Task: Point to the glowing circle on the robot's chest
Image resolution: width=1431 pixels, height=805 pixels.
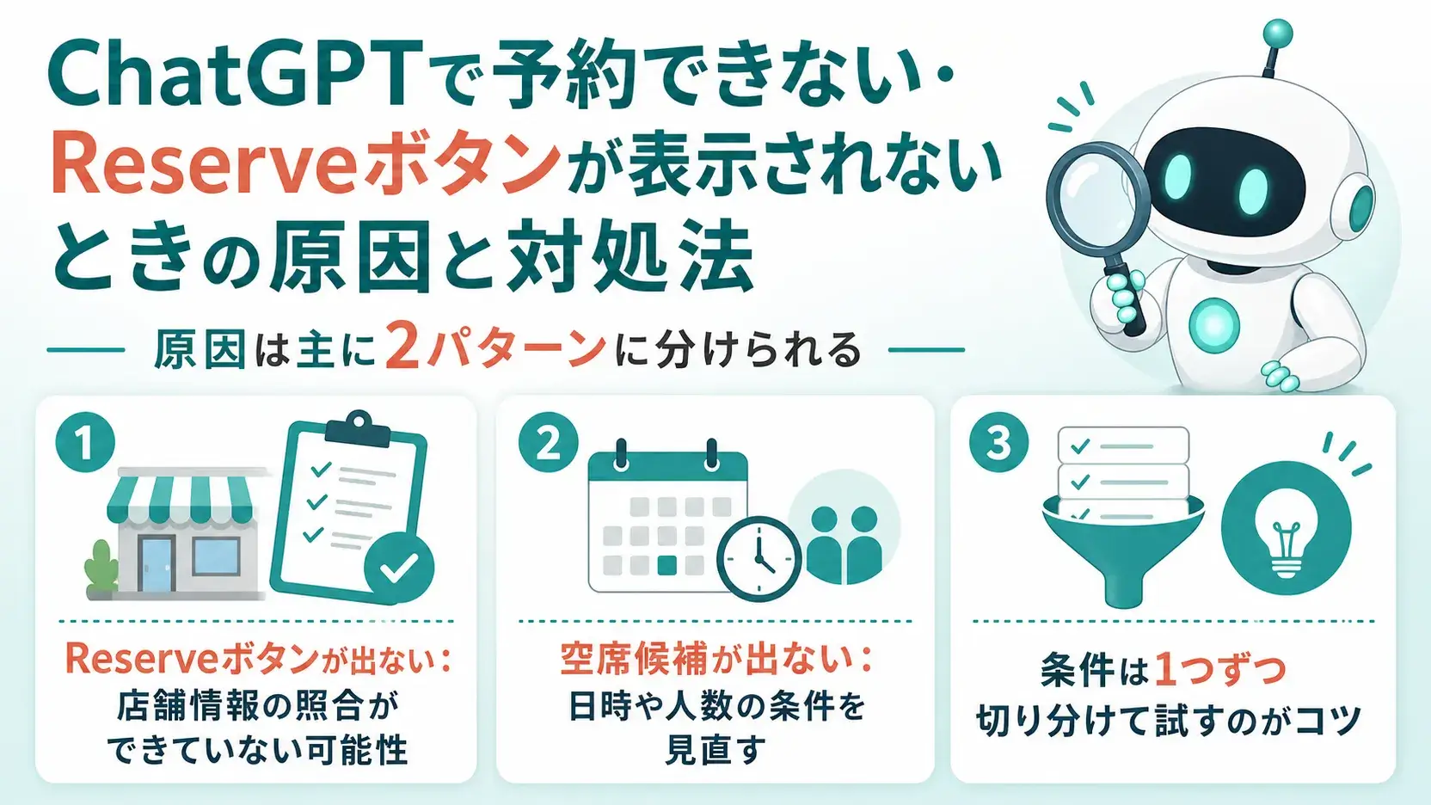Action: coord(1213,324)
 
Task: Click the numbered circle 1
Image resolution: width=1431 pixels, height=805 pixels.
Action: coord(85,444)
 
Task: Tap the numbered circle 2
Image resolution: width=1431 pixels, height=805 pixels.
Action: coord(548,442)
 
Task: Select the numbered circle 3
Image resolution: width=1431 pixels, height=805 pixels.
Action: coord(999,443)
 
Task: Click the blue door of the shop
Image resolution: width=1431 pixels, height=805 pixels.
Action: coord(156,562)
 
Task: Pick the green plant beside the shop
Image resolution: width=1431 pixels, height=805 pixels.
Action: coord(101,566)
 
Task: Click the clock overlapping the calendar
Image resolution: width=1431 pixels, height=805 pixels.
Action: coord(759,559)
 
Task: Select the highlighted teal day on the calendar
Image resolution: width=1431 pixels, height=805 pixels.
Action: coord(667,565)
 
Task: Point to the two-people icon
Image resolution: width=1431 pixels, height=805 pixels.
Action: coord(844,544)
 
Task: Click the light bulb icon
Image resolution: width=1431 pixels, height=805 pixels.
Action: coord(1286,527)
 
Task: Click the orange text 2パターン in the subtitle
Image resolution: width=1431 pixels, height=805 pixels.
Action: coord(495,349)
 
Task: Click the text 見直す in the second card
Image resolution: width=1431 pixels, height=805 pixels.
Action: coord(715,749)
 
